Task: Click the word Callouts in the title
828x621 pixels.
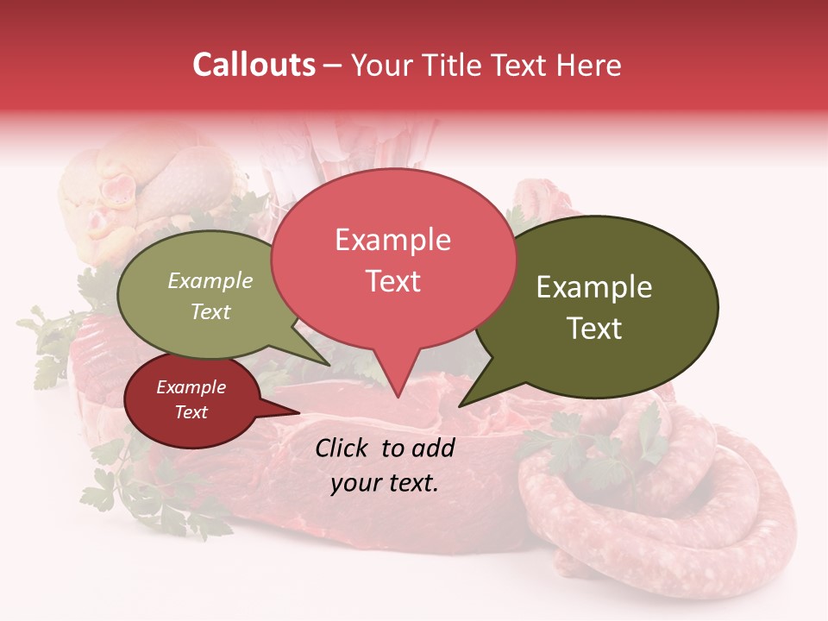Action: click(254, 66)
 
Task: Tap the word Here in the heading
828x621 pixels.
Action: click(589, 66)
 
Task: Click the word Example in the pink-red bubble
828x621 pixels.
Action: click(392, 240)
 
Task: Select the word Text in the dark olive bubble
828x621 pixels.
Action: click(595, 329)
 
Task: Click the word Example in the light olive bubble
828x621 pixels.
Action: click(210, 281)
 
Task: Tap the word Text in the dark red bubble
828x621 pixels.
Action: click(191, 412)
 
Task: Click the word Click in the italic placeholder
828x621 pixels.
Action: click(342, 448)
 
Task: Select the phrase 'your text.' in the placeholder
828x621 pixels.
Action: click(385, 483)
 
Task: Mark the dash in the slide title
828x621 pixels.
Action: click(333, 66)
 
